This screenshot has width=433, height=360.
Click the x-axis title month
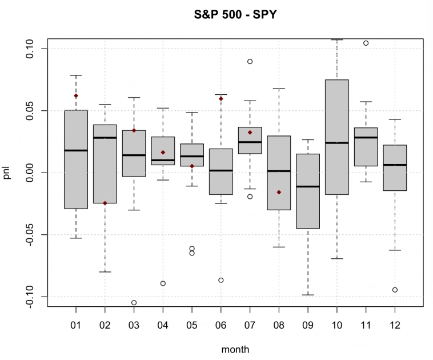(x=235, y=349)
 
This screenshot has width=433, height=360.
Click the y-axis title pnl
(x=8, y=172)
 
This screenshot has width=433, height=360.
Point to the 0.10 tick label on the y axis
(x=30, y=49)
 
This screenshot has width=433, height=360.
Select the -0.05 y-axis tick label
(x=30, y=234)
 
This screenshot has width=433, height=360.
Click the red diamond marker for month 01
(x=76, y=95)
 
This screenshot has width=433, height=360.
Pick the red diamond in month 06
(x=220, y=99)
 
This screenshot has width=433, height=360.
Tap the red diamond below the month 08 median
(x=279, y=192)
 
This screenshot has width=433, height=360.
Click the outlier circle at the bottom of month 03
(x=134, y=302)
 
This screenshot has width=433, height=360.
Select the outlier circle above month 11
(x=366, y=43)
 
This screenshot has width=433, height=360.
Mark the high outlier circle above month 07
(x=250, y=61)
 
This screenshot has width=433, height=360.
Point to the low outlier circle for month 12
(x=395, y=290)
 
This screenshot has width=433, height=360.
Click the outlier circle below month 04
(x=163, y=283)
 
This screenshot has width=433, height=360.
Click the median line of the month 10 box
(x=336, y=143)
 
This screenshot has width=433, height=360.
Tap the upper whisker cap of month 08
(x=279, y=89)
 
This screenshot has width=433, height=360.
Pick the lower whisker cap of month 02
(x=105, y=272)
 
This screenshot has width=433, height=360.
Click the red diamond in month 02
(x=105, y=203)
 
